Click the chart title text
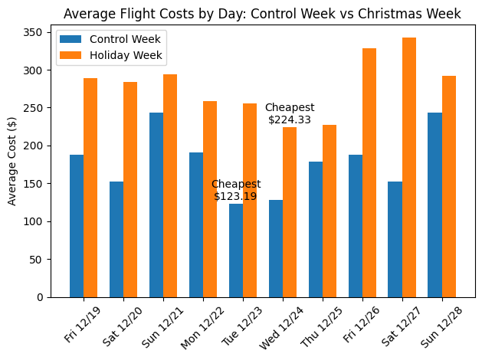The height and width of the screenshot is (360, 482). pyautogui.click(x=262, y=14)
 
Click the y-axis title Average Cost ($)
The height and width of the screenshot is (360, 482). pyautogui.click(x=12, y=162)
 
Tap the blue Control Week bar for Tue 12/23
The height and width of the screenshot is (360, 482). pyautogui.click(x=236, y=250)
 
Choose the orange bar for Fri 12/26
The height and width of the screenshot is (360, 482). pyautogui.click(x=369, y=172)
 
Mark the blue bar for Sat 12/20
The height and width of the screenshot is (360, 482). pyautogui.click(x=116, y=239)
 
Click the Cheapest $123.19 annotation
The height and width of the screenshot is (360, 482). pyautogui.click(x=235, y=190)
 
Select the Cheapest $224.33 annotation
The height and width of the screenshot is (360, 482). pyautogui.click(x=290, y=113)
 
